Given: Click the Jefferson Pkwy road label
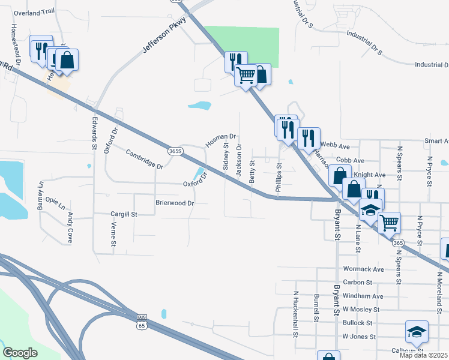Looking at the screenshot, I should [x=164, y=37].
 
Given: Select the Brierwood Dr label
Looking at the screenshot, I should [x=175, y=203].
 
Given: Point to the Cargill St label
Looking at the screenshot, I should [x=124, y=214].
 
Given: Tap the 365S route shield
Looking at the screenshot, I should [x=175, y=151].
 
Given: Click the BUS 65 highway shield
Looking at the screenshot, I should [x=142, y=321].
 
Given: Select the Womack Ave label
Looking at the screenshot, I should [x=363, y=269].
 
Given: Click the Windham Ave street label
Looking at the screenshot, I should [x=363, y=296].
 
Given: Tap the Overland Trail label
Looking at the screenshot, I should [x=34, y=13].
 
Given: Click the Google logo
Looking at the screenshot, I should [x=20, y=352].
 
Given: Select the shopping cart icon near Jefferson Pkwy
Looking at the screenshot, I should [x=246, y=77].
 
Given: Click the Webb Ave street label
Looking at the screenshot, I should [x=335, y=146].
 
